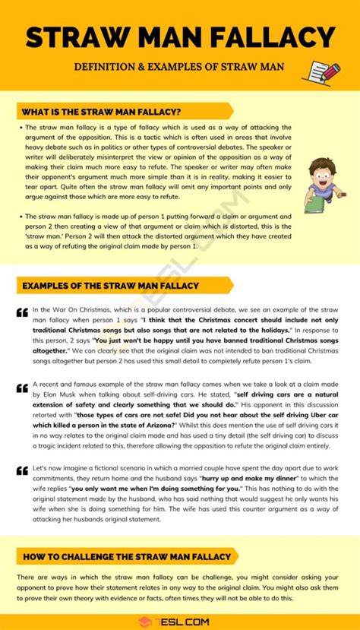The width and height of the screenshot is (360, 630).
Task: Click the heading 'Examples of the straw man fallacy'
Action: click(110, 286)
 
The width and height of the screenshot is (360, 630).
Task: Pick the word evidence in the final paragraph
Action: click(163, 599)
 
